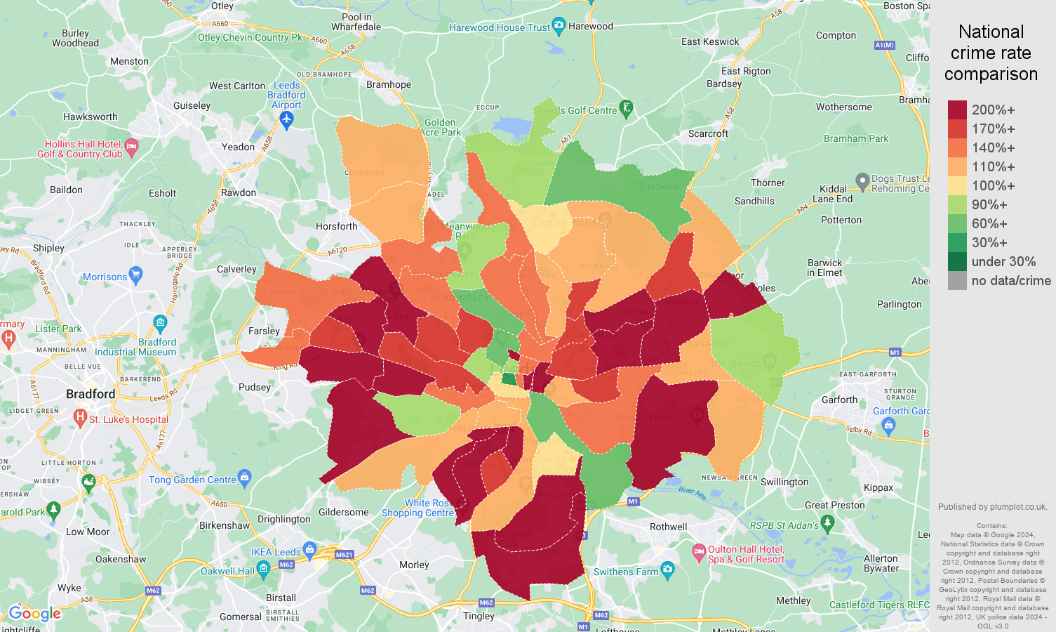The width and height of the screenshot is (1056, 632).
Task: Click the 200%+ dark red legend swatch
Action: (957, 110)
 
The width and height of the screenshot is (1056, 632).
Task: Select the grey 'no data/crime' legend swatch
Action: (957, 280)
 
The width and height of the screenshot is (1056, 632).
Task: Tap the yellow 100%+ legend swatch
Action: (957, 185)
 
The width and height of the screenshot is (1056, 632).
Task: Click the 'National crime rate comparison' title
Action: (991, 53)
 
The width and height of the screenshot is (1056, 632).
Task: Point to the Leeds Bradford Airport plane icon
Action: (286, 121)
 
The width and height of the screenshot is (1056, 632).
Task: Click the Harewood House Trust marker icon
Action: (559, 27)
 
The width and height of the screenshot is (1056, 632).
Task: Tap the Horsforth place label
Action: (336, 226)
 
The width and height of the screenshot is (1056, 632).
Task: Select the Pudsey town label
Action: (254, 387)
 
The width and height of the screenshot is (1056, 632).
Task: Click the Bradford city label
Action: (90, 394)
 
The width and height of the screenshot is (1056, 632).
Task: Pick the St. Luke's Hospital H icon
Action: (80, 417)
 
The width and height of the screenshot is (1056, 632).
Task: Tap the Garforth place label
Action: (839, 400)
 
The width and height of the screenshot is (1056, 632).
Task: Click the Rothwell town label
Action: (668, 527)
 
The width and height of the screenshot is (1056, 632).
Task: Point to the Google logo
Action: (35, 614)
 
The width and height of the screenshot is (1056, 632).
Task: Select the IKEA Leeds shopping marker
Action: (309, 548)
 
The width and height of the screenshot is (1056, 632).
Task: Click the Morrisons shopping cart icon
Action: (136, 275)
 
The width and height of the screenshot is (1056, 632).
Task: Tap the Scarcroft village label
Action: (708, 133)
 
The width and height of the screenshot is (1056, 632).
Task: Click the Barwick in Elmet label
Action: (824, 268)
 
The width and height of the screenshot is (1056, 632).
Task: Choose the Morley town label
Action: (414, 565)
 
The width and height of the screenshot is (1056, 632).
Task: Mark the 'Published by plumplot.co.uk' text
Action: (992, 507)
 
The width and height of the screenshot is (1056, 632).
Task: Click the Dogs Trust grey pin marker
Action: (862, 180)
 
